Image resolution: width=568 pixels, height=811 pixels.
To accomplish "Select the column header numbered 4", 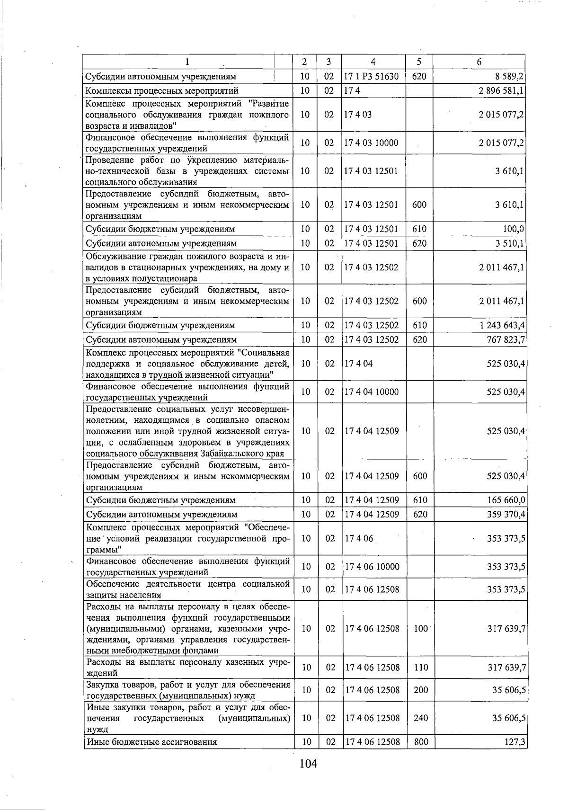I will click(373, 62).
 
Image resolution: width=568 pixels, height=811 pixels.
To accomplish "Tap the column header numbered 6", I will click(479, 62).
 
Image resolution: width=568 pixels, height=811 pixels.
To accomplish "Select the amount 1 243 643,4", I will click(501, 326).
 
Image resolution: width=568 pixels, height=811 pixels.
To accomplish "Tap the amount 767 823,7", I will click(506, 340).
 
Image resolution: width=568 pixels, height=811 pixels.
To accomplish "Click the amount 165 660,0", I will click(506, 500).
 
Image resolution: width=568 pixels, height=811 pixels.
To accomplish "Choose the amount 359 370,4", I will click(506, 515).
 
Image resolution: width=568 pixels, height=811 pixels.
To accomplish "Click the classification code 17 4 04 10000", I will click(372, 392).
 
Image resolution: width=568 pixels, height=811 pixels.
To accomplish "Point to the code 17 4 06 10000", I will click(372, 567).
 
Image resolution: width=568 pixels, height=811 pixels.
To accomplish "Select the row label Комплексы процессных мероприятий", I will click(162, 91).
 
